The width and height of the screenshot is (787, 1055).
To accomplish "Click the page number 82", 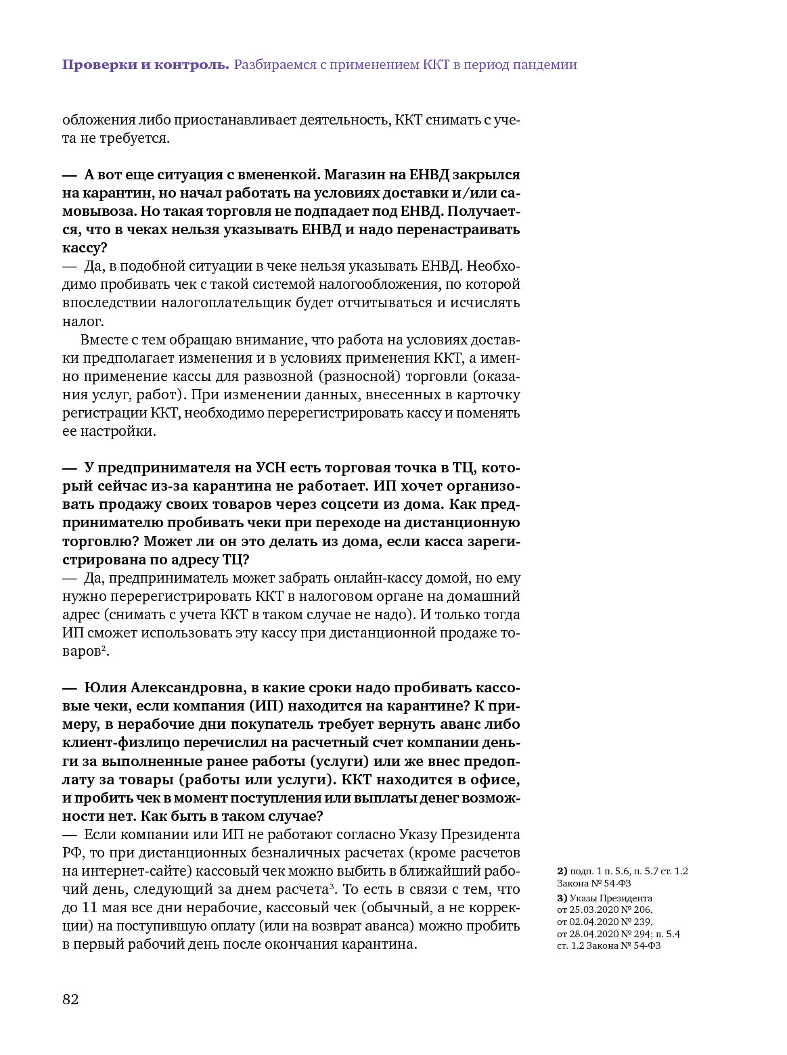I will coord(70,1000).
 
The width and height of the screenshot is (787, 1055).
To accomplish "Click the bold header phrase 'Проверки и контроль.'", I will coord(145,65).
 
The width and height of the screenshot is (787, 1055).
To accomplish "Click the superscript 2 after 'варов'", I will coord(103,649).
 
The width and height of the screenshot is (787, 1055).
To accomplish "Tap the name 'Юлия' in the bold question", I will coord(106,688).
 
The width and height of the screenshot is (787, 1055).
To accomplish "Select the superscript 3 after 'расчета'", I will coord(332,886).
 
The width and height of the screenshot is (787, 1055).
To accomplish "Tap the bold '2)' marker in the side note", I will coord(562,871).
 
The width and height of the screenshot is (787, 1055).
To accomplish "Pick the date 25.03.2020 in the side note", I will coord(596,910).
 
